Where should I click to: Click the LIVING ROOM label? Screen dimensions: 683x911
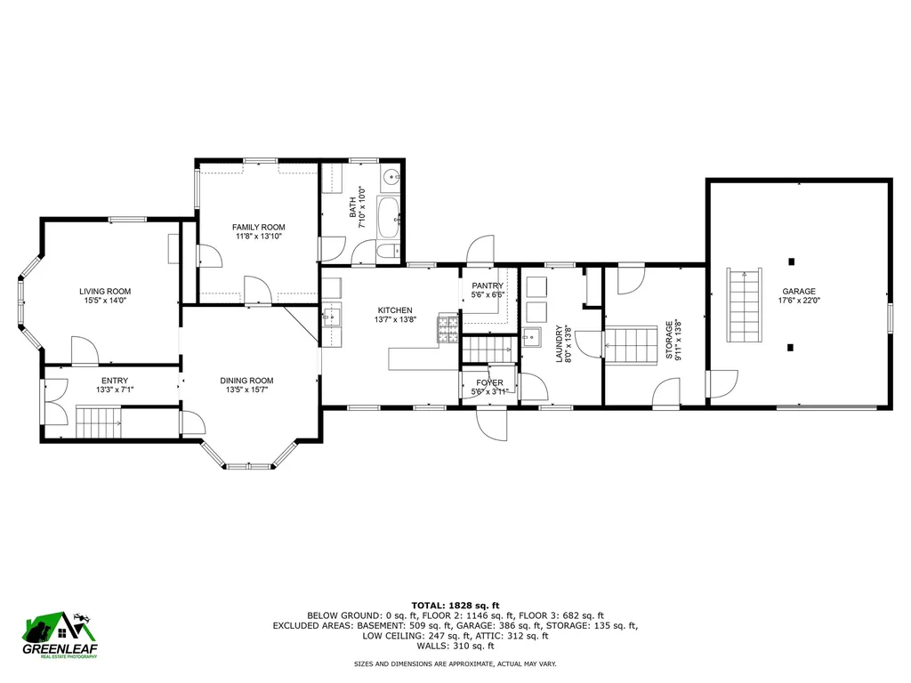[x=105, y=291]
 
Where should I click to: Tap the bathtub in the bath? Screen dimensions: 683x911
[x=390, y=218]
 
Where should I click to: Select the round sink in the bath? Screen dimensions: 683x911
[x=391, y=178]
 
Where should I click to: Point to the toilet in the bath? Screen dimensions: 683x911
[x=388, y=252]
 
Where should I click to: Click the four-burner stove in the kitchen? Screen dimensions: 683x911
[x=447, y=330]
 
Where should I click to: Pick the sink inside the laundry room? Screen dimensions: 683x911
[x=533, y=337]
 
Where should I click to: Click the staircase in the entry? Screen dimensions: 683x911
[x=99, y=423]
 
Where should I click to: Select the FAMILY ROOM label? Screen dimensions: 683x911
[x=258, y=228]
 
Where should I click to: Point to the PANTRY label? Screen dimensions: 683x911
[x=488, y=285]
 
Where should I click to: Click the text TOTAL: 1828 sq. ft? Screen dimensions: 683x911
[x=455, y=604]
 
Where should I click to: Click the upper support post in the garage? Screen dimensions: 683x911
[x=791, y=261]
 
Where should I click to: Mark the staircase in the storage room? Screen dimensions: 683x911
[x=631, y=345]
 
